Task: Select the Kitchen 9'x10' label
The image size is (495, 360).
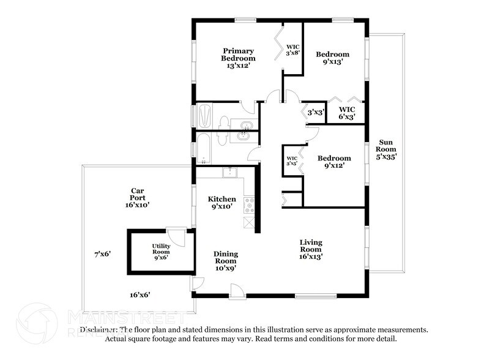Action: click(221, 203)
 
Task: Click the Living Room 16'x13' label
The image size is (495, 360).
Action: click(311, 249)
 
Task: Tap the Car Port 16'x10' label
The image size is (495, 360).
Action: click(137, 198)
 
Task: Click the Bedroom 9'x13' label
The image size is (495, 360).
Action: click(333, 58)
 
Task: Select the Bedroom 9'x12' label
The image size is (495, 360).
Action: click(334, 162)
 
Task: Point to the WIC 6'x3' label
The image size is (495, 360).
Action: click(347, 113)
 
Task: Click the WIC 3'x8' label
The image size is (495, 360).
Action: click(292, 50)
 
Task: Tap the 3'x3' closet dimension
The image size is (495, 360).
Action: click(316, 112)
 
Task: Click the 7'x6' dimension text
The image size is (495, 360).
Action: click(103, 253)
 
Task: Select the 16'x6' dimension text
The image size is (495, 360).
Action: click(140, 295)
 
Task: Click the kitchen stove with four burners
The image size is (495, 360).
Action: click(249, 205)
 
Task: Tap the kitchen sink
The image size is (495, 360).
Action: click(230, 173)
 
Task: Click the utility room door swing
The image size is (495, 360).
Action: click(176, 238)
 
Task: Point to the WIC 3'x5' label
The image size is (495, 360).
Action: click(292, 161)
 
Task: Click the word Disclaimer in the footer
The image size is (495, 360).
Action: click(99, 329)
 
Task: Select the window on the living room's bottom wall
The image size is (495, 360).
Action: click(316, 296)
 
